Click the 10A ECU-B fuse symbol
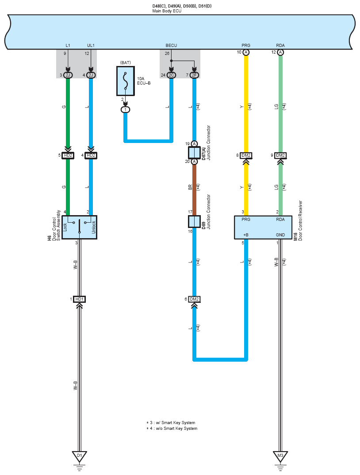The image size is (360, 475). [126, 81]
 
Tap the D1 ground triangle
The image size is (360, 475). [79, 456]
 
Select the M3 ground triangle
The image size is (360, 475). [280, 456]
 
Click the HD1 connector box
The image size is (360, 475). [79, 299]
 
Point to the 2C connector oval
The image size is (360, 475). [171, 75]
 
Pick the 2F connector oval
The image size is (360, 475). [194, 75]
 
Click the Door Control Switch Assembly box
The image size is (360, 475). [79, 228]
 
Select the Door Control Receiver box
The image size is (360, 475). [263, 228]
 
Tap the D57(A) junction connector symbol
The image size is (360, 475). [194, 153]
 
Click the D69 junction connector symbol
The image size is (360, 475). [194, 222]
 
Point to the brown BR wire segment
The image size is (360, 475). [194, 190]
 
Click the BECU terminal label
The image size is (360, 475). [171, 46]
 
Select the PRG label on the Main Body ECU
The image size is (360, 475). [246, 46]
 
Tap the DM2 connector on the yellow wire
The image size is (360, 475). [246, 155]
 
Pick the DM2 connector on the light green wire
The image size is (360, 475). [280, 155]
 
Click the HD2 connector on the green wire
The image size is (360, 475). [68, 155]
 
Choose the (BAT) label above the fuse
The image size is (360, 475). [126, 63]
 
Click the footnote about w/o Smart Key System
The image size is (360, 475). [172, 429]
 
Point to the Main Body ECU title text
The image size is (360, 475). [167, 11]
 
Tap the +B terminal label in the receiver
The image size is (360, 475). [246, 235]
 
